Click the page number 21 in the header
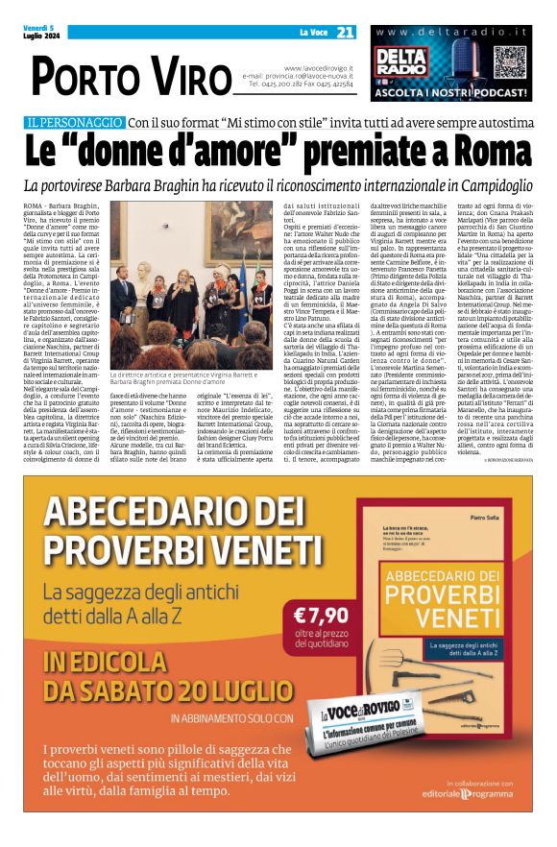pyautogui.click(x=346, y=33)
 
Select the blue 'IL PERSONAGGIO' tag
pyautogui.click(x=76, y=123)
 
